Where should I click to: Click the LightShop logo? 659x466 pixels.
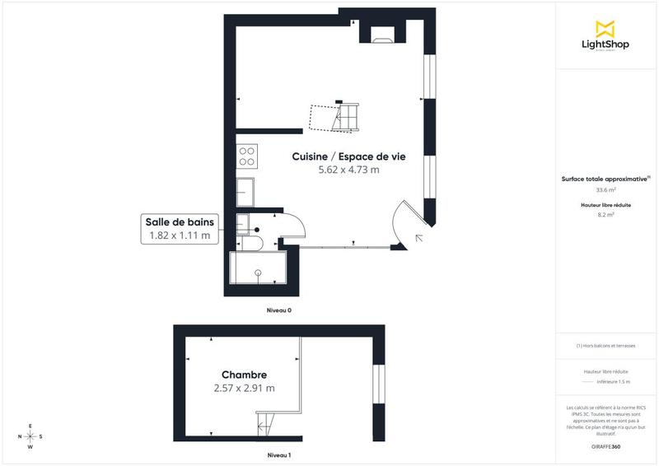click(605, 36)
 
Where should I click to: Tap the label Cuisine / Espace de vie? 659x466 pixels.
click(348, 156)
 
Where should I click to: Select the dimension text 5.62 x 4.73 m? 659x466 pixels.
click(348, 170)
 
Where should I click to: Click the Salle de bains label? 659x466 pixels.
click(180, 221)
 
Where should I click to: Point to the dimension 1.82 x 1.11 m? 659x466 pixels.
click(180, 235)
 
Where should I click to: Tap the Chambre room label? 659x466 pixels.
click(243, 375)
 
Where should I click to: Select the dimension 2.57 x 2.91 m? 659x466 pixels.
click(243, 388)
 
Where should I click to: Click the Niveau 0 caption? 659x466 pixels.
click(278, 310)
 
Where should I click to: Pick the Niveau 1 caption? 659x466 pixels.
click(278, 454)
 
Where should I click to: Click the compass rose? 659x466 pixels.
click(30, 436)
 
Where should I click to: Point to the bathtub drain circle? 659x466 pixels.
click(258, 271)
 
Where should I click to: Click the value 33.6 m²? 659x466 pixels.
click(605, 189)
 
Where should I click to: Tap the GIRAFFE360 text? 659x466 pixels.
click(605, 445)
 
